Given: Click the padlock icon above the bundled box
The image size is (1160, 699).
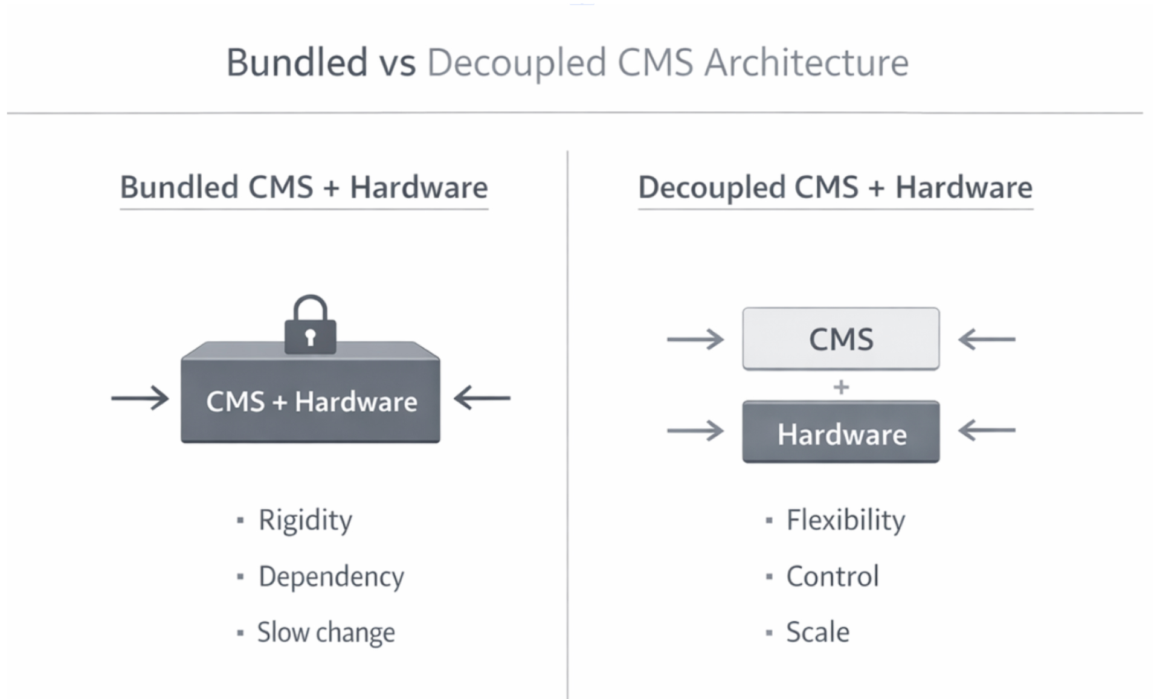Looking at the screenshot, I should [x=311, y=326].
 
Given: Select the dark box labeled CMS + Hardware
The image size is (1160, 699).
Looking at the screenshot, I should [x=311, y=401].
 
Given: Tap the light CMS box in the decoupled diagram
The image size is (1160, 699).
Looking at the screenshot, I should [x=840, y=339].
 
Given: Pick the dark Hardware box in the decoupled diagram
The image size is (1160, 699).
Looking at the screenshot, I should [x=840, y=433].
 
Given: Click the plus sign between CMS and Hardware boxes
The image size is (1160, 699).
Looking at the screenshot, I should [x=840, y=387].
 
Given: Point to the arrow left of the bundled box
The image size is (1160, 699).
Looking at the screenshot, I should [x=140, y=398].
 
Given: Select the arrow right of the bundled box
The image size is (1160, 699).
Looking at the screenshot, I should [x=482, y=398].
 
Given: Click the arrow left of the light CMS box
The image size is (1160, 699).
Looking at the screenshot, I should [x=695, y=340].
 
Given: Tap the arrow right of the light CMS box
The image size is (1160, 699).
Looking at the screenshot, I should [x=987, y=340].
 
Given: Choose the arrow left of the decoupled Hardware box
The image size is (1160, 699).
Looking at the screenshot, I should [x=695, y=431].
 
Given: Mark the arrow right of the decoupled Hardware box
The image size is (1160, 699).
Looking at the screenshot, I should [x=987, y=431].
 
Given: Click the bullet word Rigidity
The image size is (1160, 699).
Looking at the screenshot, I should [x=305, y=520].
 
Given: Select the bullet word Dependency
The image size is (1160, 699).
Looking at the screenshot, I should [x=331, y=576].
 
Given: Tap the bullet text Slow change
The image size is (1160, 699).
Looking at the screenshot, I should [x=326, y=633].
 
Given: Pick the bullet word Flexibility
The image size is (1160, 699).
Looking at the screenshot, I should [x=845, y=520].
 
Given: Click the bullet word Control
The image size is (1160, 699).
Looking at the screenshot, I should [x=832, y=576].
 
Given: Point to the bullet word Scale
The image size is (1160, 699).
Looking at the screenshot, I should [x=817, y=633].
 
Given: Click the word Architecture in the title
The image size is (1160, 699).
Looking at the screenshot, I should [x=806, y=63].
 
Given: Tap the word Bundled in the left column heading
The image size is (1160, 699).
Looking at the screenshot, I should [x=178, y=187].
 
